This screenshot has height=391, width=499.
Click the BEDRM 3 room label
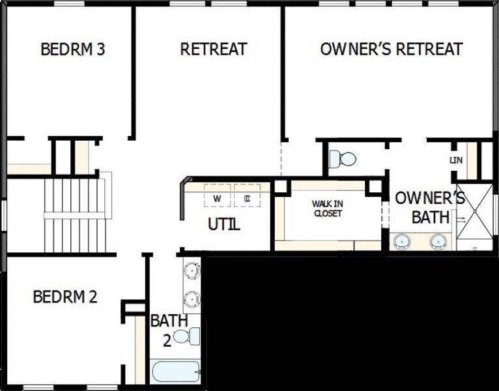click(73, 50)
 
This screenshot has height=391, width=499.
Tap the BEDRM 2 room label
click(65, 297)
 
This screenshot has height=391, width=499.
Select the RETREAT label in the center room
click(214, 50)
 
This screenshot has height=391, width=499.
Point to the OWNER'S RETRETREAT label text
click(392, 50)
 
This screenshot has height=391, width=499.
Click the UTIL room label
click(224, 225)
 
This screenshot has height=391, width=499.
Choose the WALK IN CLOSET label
click(327, 209)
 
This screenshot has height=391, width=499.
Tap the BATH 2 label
click(169, 329)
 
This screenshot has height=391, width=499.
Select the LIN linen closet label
click(456, 160)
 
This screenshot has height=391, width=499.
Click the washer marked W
click(217, 197)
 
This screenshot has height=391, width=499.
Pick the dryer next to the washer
click(247, 197)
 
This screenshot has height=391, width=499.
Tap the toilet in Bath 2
click(188, 337)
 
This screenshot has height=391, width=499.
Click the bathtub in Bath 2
click(175, 371)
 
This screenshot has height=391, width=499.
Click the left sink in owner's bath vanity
click(404, 242)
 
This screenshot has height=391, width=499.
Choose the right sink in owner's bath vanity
click(438, 242)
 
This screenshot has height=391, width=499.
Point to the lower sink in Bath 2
click(192, 299)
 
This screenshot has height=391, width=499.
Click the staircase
click(74, 215)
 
